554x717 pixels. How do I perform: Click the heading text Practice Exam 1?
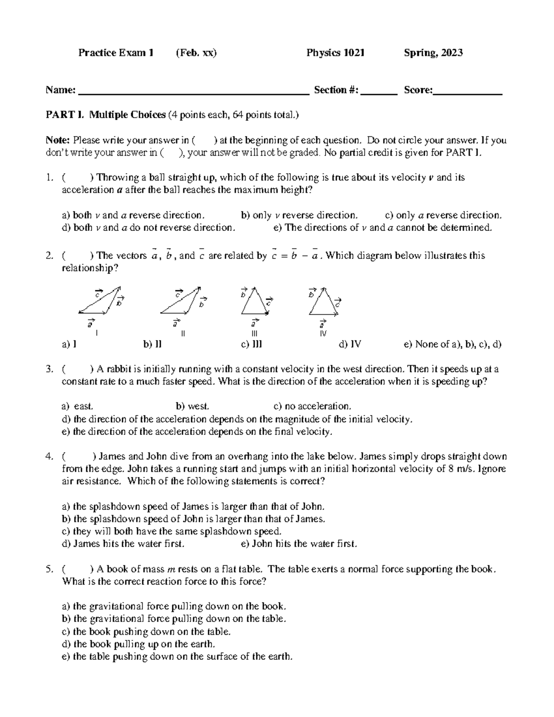tap(115, 53)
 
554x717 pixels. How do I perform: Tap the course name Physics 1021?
tap(335, 53)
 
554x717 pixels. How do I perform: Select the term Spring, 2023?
tap(433, 53)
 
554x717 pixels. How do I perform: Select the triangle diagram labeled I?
tap(101, 301)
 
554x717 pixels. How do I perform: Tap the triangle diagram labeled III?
tap(254, 302)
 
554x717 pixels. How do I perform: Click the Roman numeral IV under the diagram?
tap(323, 333)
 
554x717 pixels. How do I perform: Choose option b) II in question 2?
tap(152, 344)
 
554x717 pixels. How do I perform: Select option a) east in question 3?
tap(78, 406)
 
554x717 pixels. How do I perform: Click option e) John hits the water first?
tap(299, 544)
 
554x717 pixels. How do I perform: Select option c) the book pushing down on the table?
tap(146, 632)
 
